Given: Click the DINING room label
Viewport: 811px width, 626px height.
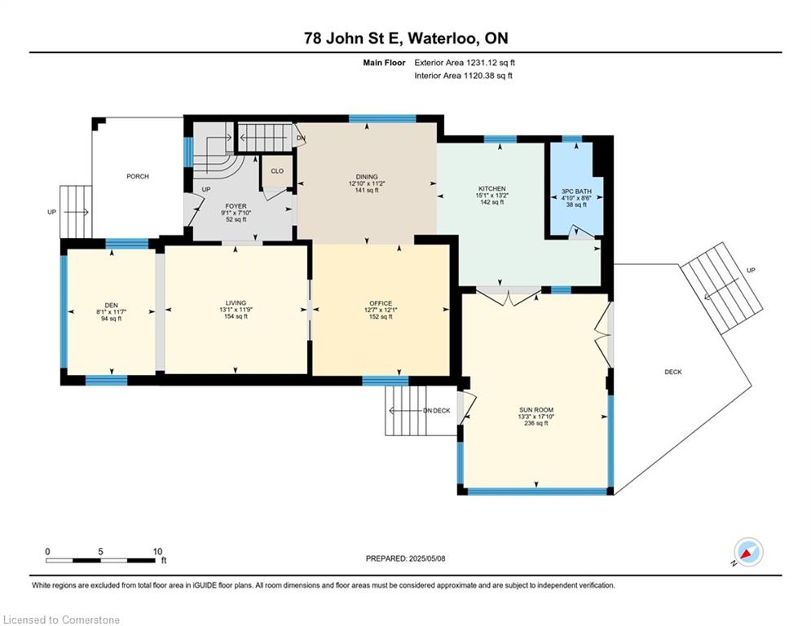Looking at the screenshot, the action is (x=367, y=176).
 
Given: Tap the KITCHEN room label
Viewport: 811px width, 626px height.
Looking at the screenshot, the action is (x=491, y=188).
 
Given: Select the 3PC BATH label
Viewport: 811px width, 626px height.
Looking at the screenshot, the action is (x=576, y=192).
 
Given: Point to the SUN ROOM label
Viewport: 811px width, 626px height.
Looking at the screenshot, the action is (x=536, y=410).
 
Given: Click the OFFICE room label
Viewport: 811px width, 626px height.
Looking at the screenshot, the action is (x=381, y=303).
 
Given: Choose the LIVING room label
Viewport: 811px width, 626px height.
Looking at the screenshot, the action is (x=236, y=302).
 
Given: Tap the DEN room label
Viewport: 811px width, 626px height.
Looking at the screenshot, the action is (x=111, y=305).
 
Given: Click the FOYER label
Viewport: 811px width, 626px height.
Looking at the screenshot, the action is (x=236, y=206).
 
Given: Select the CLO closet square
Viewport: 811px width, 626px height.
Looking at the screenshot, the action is (x=277, y=170).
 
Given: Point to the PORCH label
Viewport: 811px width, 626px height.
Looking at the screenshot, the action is (x=138, y=176).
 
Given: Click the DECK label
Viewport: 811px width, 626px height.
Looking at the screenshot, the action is (x=673, y=372).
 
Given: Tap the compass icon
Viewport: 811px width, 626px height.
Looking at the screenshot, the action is (x=748, y=552).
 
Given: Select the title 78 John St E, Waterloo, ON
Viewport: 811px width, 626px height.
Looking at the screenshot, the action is (x=406, y=38).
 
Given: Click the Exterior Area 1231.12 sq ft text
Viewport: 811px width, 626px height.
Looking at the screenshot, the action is (x=465, y=63).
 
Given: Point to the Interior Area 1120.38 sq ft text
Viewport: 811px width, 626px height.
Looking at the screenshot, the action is (x=464, y=76).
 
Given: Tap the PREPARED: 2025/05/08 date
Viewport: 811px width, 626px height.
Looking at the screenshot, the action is (x=406, y=558).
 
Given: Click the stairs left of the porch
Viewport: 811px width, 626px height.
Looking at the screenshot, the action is (x=76, y=212).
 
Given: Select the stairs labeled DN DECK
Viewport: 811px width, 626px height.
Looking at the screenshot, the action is (x=406, y=411).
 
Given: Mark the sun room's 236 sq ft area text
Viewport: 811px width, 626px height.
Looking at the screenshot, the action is (x=536, y=423).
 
